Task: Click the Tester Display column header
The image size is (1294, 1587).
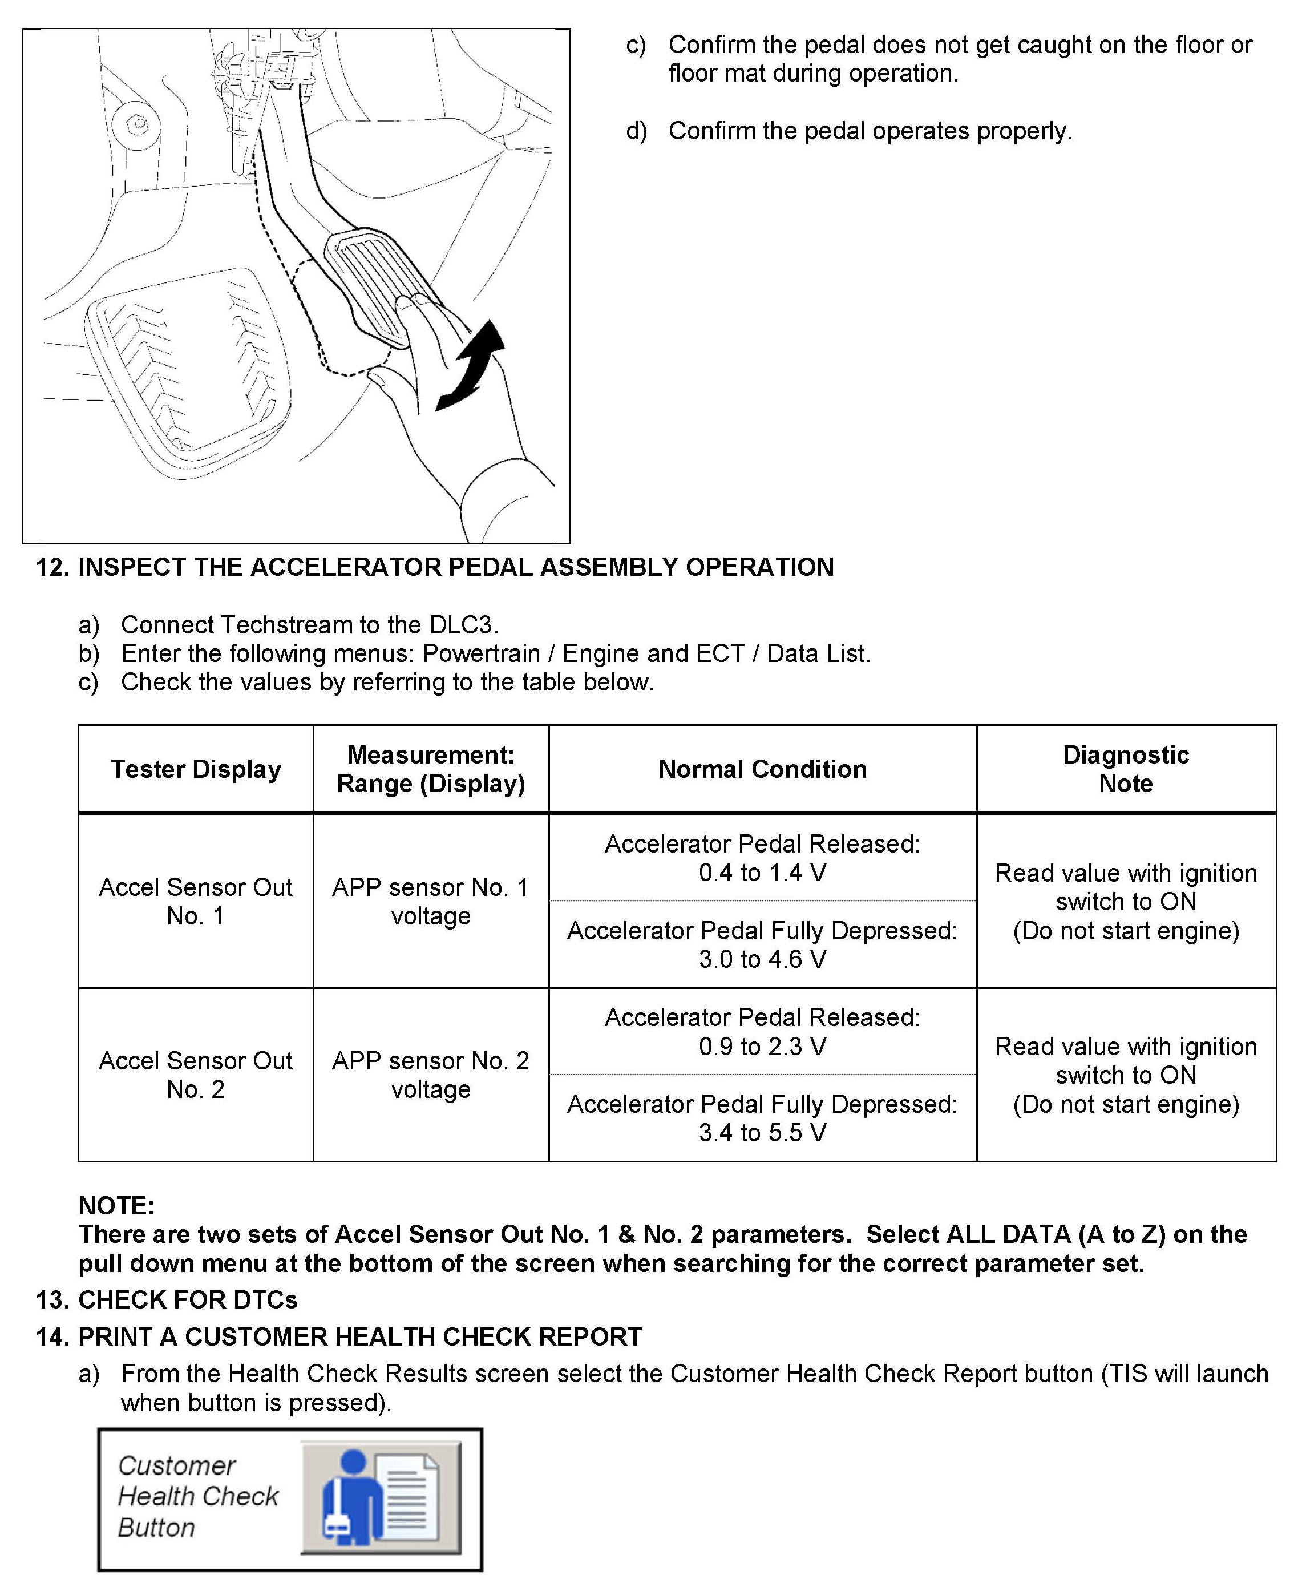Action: pos(196,769)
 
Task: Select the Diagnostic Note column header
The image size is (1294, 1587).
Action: pos(1126,769)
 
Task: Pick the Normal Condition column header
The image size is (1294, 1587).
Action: pos(762,769)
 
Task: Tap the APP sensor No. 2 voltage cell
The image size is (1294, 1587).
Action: pos(431,1074)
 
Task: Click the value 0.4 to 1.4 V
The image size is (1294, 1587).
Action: pos(762,872)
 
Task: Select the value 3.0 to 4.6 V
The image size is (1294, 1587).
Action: pos(762,959)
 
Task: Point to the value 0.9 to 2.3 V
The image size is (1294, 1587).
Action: pos(762,1046)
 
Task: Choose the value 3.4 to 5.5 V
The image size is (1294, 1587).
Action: pos(762,1132)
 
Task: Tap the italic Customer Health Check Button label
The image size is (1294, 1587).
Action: pos(197,1496)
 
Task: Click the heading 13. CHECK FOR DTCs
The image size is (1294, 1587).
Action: pos(167,1299)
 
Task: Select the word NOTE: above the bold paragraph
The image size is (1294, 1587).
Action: pos(116,1205)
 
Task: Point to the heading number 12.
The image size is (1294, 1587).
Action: pos(52,567)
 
